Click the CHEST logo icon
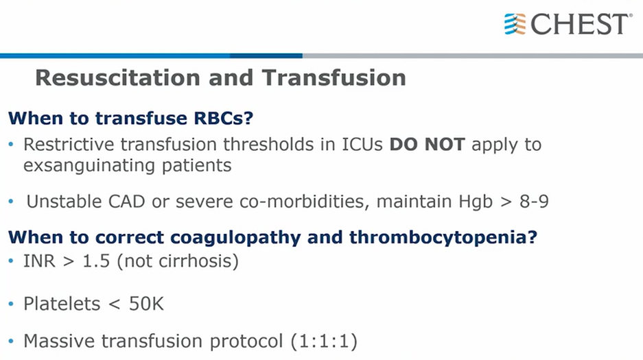(x=515, y=24)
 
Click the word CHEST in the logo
(x=580, y=24)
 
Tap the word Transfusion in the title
(x=334, y=77)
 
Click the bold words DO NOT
(x=427, y=144)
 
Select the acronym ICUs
(x=362, y=144)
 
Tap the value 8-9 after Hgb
(x=534, y=202)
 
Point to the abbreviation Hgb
(x=476, y=202)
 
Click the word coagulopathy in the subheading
(x=235, y=237)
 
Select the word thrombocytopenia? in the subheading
(x=443, y=237)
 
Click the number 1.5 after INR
(x=96, y=261)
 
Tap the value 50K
(x=146, y=304)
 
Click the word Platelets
(x=62, y=304)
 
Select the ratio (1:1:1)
(x=324, y=341)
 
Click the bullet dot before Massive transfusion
(x=11, y=341)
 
